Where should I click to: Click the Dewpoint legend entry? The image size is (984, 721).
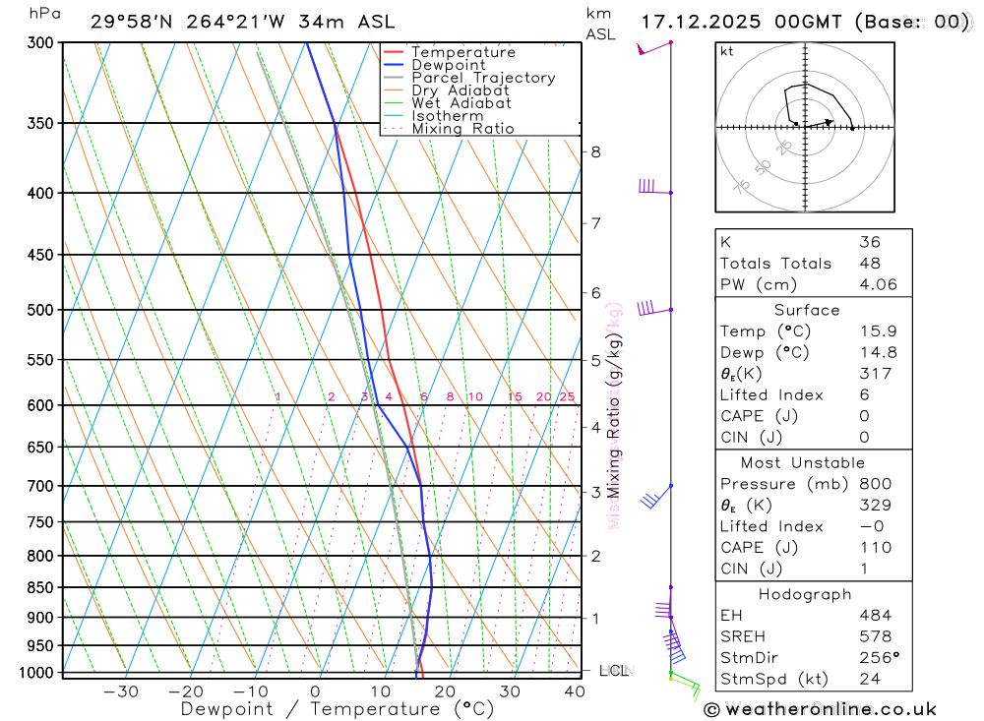[x=448, y=65]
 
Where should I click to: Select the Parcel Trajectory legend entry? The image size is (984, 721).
[x=483, y=78]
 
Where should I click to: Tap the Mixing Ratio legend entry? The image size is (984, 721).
[x=462, y=129]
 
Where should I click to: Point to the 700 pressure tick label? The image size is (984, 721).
[x=40, y=486]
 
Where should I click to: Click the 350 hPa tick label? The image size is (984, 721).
[x=40, y=123]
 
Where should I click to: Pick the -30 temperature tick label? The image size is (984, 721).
[x=121, y=691]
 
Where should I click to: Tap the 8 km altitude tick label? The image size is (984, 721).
[x=595, y=151]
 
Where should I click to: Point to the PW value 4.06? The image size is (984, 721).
[x=876, y=284]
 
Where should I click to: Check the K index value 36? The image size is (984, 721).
[x=869, y=242]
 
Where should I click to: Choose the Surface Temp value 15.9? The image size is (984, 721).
[x=876, y=331]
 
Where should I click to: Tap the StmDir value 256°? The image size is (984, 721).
[x=879, y=657]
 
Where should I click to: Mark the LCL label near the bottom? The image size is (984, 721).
[x=613, y=671]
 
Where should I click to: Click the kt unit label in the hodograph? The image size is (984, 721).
[x=726, y=52]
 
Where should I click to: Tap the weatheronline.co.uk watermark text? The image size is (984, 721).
[x=821, y=709]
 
